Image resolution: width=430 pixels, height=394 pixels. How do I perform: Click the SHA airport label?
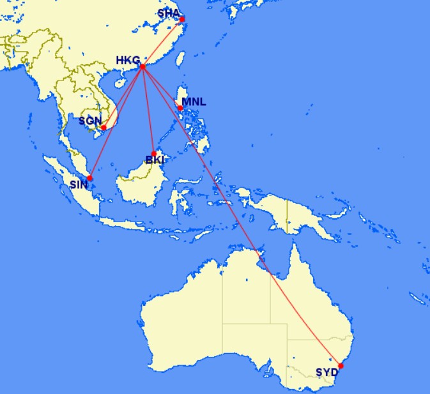(169, 13)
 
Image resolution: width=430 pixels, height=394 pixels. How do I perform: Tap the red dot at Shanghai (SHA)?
(182, 19)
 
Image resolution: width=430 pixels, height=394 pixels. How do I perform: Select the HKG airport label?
(127, 61)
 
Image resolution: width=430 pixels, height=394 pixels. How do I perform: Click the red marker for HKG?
(142, 66)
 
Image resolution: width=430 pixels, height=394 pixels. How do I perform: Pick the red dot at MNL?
(181, 108)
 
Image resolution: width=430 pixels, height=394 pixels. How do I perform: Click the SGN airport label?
(89, 120)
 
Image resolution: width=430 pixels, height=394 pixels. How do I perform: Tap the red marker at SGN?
(104, 128)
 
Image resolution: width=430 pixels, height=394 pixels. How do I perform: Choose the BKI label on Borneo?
(155, 160)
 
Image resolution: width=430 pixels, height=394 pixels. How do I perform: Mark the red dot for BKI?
(154, 153)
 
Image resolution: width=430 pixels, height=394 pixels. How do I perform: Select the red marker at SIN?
(90, 178)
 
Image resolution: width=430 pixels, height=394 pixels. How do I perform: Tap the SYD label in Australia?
(326, 372)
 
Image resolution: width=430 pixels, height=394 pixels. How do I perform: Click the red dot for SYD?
(341, 366)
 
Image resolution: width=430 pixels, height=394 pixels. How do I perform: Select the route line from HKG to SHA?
(163, 42)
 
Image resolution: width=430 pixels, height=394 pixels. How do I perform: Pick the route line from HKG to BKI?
(148, 110)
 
